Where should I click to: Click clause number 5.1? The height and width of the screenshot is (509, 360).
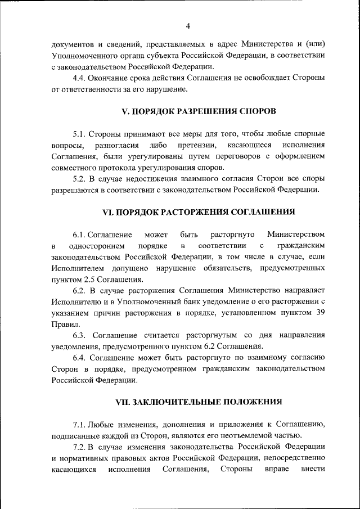(x=79, y=133)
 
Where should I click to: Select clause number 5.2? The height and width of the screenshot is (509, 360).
(x=79, y=178)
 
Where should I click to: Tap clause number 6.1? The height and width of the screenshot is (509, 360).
(x=79, y=234)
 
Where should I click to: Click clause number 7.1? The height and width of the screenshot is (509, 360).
(x=79, y=424)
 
